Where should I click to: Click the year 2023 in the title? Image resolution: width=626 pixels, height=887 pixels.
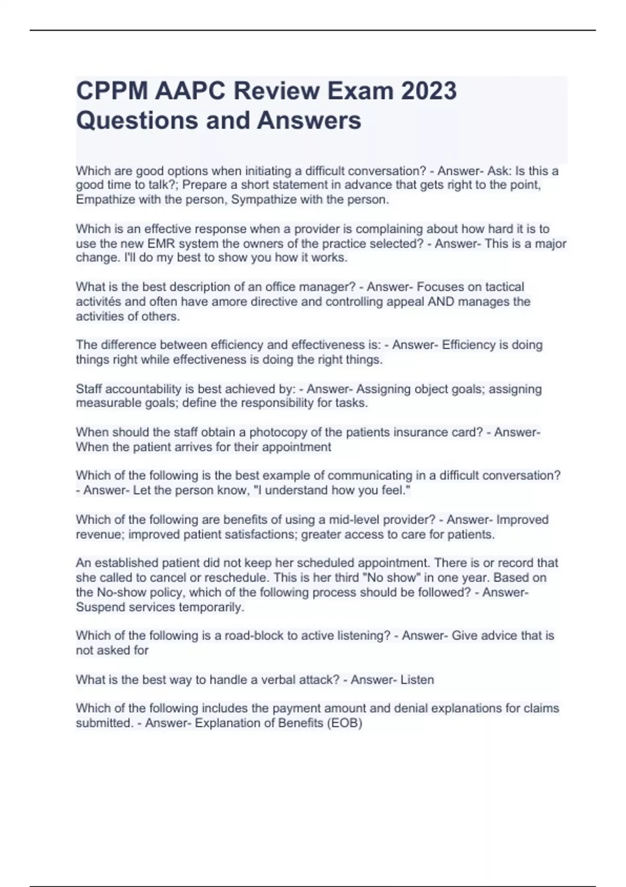tap(428, 91)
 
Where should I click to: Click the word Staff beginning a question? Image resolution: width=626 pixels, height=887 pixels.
tap(88, 389)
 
